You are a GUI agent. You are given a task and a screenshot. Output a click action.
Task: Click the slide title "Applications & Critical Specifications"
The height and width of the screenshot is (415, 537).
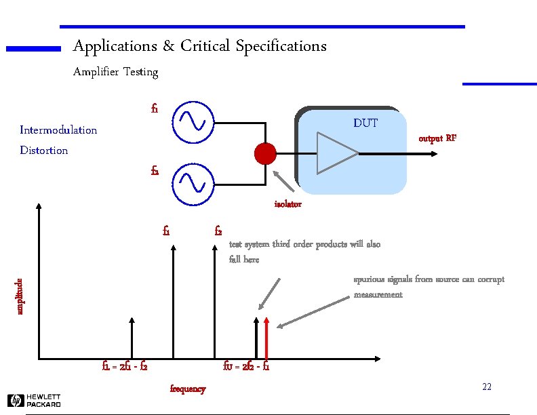point(199,46)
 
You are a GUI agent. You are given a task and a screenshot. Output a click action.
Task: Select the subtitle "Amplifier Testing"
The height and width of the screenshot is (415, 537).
point(115,72)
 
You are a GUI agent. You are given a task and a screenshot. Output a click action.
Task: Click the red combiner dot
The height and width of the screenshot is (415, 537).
point(265,154)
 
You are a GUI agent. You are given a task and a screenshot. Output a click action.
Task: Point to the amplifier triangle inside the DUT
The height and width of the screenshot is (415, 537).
point(336,153)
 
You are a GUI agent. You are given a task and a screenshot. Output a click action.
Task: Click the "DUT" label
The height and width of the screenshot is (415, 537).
point(365,123)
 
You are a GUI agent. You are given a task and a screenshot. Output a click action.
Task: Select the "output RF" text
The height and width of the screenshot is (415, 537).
point(437,138)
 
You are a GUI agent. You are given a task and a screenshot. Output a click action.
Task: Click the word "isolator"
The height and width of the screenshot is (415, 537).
point(287,204)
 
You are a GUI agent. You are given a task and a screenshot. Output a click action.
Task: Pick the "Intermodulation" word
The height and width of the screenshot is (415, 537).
point(58,130)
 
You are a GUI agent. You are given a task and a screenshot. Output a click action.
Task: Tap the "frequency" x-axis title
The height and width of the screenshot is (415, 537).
point(187,389)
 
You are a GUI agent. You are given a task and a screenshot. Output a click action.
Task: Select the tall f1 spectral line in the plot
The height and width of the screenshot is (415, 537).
point(174,302)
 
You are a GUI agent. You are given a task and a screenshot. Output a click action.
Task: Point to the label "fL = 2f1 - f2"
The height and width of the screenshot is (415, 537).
point(125,367)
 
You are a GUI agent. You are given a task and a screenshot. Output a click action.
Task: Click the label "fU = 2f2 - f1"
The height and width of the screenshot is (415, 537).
point(246,367)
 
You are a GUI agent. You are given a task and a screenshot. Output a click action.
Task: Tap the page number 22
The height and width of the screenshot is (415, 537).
point(486,387)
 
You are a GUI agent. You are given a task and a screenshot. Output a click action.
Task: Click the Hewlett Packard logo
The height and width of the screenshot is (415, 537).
point(35,401)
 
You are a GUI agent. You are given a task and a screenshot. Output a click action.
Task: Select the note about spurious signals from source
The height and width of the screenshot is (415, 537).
point(429,287)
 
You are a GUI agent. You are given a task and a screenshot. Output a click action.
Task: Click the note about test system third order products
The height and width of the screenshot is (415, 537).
point(304,252)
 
